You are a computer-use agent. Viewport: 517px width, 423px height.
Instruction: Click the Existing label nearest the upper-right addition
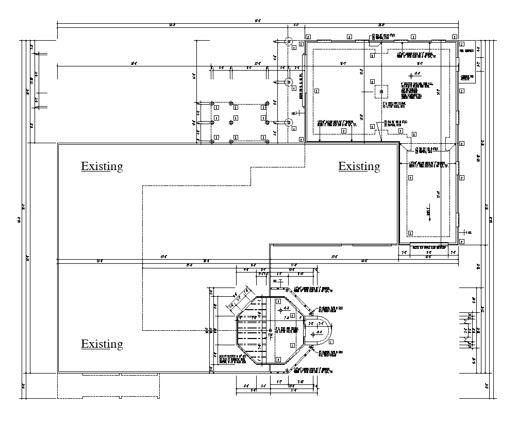tap(359, 166)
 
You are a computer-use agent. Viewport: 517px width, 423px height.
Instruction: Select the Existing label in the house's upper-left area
tap(102, 166)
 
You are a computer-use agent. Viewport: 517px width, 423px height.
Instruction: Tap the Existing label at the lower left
tap(102, 344)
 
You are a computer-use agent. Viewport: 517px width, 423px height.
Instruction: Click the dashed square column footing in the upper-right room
tap(381, 91)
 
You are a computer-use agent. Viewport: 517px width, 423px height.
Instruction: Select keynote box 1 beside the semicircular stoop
tap(330, 341)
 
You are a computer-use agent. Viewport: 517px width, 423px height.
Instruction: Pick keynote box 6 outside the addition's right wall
tap(462, 144)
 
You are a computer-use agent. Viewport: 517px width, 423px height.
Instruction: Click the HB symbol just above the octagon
tap(276, 281)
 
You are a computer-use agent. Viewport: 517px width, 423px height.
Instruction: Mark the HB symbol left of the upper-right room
tap(294, 113)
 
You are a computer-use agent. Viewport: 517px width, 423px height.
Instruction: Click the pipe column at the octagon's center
tap(270, 330)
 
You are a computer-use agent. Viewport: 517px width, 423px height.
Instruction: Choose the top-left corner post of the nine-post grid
tap(212, 104)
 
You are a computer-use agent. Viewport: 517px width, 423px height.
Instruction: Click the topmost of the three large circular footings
tap(288, 42)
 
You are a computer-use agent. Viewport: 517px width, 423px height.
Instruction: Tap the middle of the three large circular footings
tap(288, 82)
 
